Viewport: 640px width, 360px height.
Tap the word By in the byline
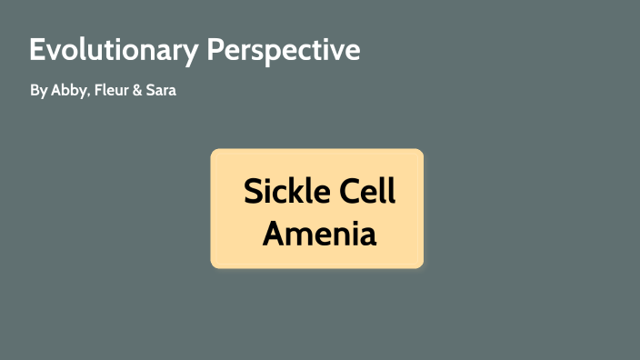pos(37,92)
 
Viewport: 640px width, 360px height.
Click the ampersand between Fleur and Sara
pos(137,92)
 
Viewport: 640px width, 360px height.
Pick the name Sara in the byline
pos(161,92)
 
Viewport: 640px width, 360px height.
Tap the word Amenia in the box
pos(319,234)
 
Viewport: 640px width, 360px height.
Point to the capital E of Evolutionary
pos(37,50)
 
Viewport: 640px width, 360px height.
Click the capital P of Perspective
pos(215,50)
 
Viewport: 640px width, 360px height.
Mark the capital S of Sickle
pos(252,193)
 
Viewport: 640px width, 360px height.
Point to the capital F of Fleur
pos(97,92)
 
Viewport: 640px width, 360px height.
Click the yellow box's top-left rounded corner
pos(215,153)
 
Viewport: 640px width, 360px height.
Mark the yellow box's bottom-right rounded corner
pos(420,265)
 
